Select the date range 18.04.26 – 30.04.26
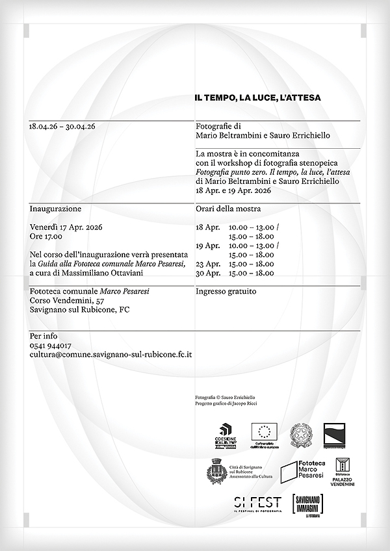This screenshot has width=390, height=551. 62,127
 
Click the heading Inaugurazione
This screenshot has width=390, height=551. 55,209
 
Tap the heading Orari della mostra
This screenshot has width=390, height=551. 228,209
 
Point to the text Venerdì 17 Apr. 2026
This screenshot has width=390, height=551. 66,227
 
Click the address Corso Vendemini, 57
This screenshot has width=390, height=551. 67,301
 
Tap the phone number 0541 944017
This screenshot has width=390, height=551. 51,346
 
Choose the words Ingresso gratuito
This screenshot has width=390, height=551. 226,292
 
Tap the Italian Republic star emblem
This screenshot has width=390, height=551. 301,433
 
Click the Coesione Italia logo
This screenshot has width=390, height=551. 227,435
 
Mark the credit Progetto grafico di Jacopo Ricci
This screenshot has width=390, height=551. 222,404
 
